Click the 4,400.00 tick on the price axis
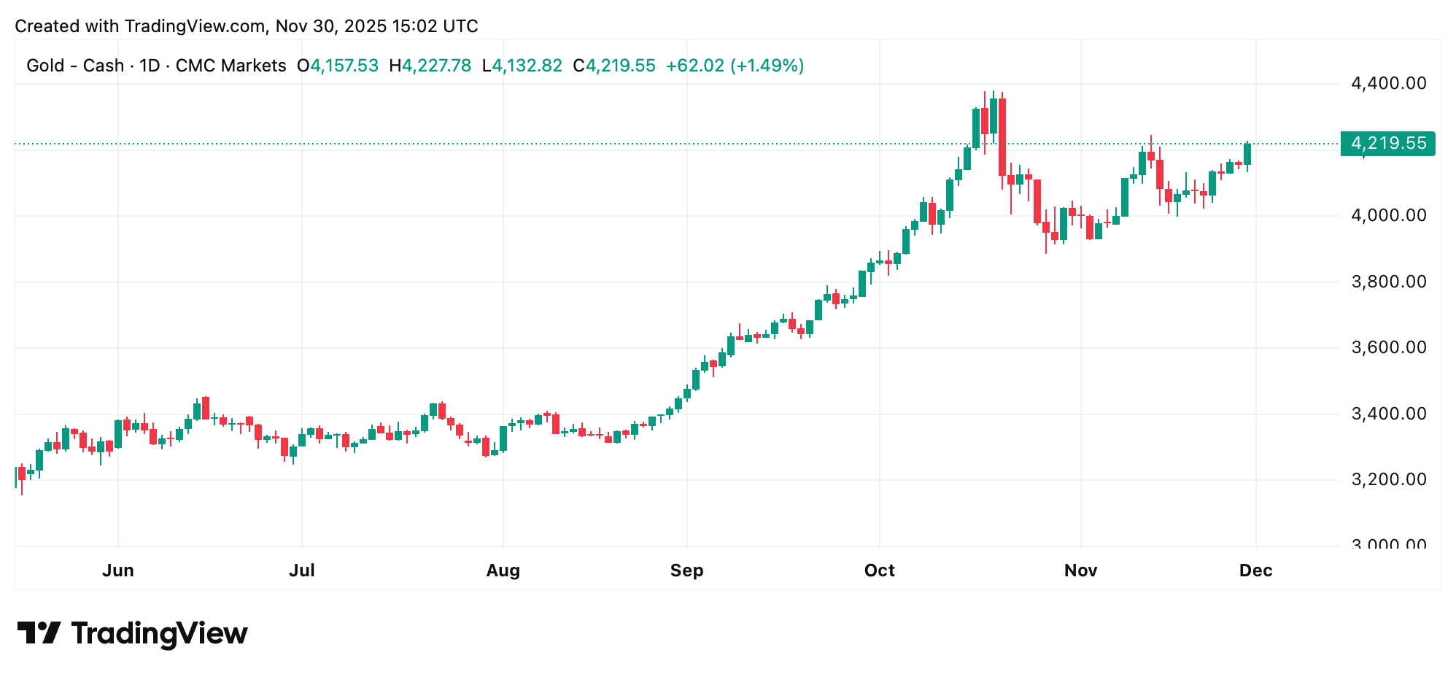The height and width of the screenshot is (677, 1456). coord(1388,83)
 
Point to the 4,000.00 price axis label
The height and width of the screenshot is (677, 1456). coord(1388,215)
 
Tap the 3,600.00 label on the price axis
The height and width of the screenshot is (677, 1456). coord(1388,347)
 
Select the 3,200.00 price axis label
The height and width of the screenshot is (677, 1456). coord(1388,479)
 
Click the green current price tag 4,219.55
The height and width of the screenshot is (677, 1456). coord(1387,143)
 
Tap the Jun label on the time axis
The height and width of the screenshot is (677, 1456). coord(118,570)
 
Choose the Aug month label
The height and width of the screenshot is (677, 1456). coord(503,570)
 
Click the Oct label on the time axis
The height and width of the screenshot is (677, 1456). coord(879,570)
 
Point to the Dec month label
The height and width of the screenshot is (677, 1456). coord(1255,570)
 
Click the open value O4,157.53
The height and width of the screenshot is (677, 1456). coord(338,66)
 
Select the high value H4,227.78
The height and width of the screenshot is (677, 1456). coord(430,66)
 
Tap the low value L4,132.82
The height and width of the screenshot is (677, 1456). coord(522,66)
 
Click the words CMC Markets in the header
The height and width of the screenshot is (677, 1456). coord(231,66)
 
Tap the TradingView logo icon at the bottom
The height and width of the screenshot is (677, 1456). coord(39,632)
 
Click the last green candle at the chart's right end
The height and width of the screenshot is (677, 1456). coord(1247,154)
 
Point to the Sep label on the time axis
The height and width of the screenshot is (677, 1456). coord(687,570)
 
